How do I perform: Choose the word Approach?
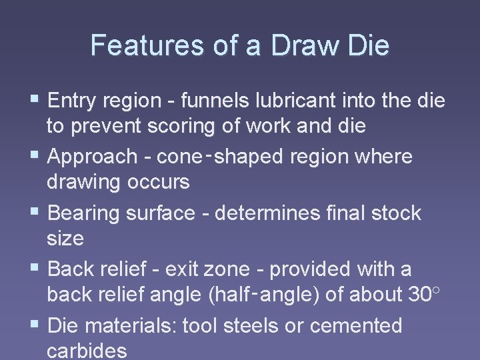point(93,157)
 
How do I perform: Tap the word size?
point(65,239)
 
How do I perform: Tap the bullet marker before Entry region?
point(36,100)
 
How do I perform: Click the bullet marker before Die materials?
point(36,325)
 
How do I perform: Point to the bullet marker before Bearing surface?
point(36,213)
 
